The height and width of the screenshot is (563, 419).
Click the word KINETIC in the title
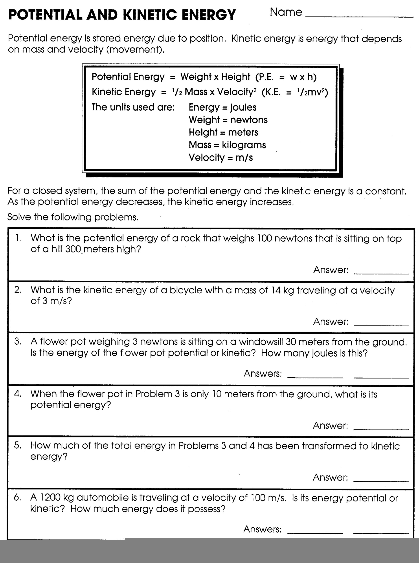[151, 15]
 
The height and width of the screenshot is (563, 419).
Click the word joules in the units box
[243, 108]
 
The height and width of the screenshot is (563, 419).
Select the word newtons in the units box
[249, 120]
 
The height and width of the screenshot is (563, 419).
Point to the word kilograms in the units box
[244, 145]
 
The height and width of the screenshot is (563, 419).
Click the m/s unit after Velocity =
[244, 158]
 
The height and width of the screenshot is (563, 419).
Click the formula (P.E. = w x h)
[286, 77]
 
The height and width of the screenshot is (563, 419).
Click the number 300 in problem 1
[73, 249]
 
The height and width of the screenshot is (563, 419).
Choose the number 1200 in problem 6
[50, 498]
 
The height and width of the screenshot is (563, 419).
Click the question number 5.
[17, 445]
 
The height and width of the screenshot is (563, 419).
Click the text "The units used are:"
[133, 108]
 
